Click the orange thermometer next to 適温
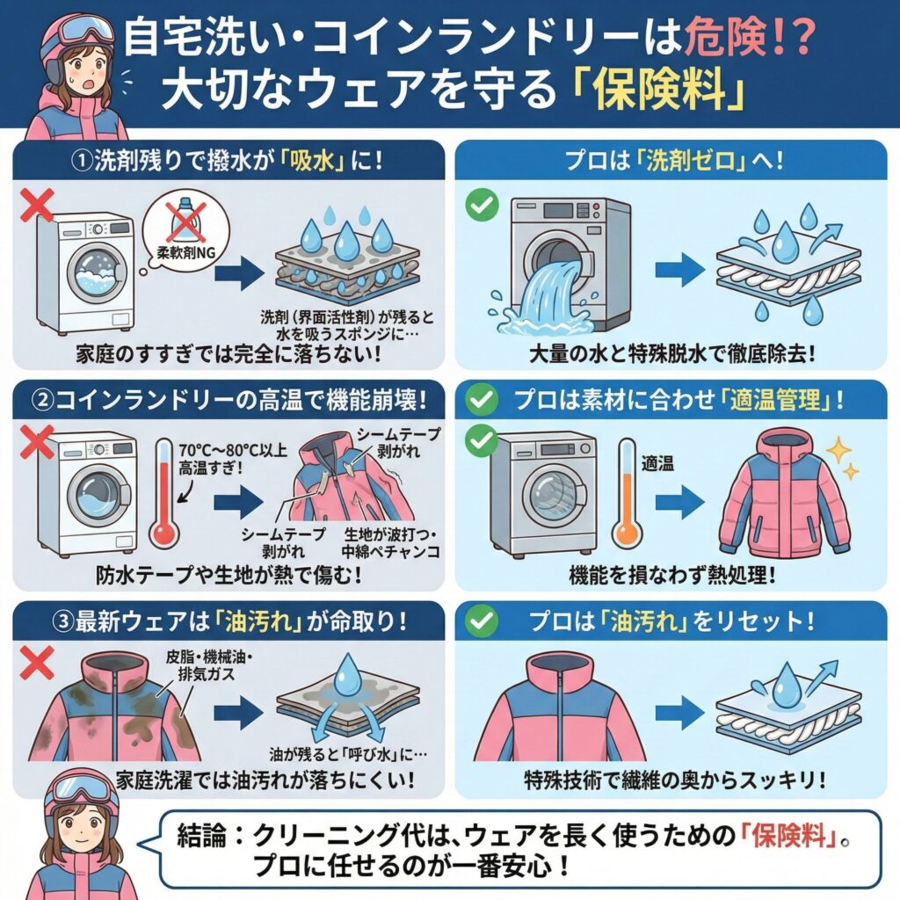click(626, 497)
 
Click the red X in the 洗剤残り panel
click(38, 207)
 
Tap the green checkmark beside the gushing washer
click(480, 207)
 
